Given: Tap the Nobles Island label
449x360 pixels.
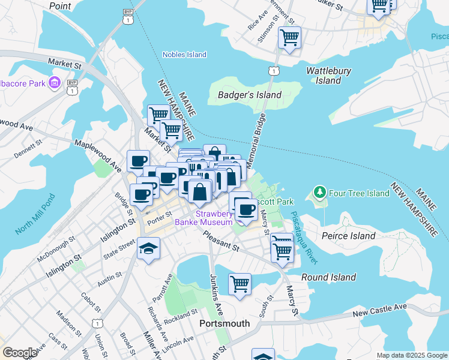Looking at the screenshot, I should point(184,55).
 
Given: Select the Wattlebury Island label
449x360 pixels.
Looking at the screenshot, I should point(328,76).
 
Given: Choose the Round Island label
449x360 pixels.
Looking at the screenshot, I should point(328,277).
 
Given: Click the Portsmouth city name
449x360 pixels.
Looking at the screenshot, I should point(224,323).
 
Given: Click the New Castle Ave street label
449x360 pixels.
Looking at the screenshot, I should point(379,310).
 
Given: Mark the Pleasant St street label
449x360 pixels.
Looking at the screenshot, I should point(221,241).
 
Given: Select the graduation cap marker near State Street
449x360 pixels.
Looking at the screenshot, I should point(148,248).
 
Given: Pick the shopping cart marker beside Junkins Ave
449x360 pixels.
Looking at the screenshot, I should point(240,283).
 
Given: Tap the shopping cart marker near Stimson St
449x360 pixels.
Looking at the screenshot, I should point(289,38).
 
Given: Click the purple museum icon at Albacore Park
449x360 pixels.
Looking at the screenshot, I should point(55,82).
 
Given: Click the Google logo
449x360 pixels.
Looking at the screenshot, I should point(20,353).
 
